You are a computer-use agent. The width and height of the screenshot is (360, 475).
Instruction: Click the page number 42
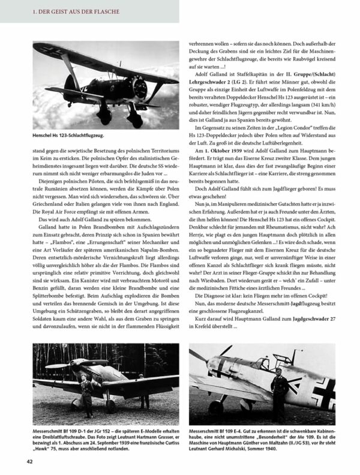[29, 461]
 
